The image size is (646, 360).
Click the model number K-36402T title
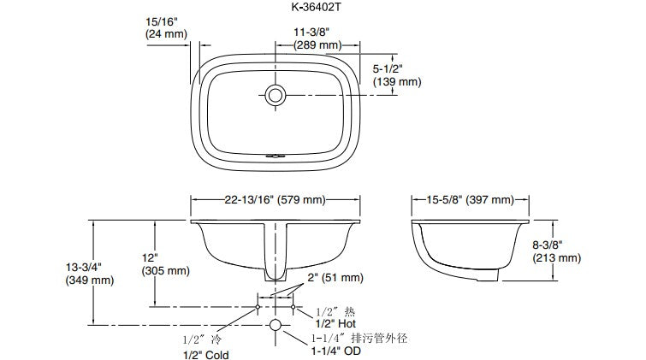click(316, 7)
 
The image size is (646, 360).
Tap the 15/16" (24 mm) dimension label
click(166, 27)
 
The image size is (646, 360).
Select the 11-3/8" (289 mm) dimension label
click(317, 38)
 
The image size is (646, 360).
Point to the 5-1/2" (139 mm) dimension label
click(397, 75)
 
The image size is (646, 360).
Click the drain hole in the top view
click(276, 95)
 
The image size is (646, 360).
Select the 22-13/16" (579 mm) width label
click(275, 200)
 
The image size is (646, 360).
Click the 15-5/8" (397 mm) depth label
click(470, 200)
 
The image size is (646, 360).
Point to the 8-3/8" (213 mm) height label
click(556, 251)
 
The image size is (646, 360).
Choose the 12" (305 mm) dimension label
click(166, 264)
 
